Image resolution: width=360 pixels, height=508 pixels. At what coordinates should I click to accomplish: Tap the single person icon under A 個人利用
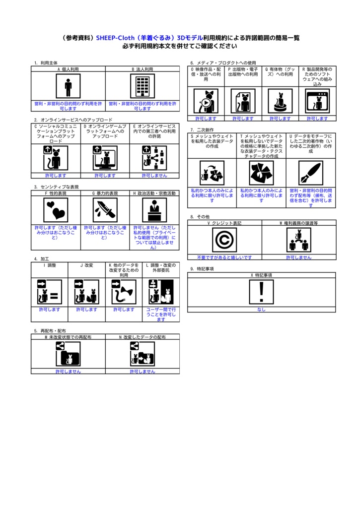[68, 86]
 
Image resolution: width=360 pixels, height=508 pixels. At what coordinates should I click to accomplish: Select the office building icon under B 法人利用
[143, 86]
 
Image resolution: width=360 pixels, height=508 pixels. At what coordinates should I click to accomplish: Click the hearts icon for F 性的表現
[56, 210]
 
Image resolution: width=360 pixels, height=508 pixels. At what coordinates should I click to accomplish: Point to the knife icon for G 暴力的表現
[105, 210]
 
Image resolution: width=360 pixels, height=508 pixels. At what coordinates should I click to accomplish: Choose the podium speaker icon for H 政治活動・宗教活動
[154, 210]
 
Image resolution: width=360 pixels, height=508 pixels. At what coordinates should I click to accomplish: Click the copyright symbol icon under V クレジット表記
[224, 240]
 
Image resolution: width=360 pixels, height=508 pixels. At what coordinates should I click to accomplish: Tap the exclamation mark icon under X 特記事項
[261, 292]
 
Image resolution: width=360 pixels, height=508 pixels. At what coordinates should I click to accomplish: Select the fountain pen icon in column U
[311, 173]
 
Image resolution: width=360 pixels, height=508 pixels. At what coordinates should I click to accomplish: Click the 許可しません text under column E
[154, 176]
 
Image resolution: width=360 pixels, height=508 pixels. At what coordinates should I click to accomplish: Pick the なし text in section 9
[261, 310]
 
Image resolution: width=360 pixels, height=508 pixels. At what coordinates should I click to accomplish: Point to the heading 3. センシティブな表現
[57, 187]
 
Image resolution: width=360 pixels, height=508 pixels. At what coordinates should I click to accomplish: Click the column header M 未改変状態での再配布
[68, 337]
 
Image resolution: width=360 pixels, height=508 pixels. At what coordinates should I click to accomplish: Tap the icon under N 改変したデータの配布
[143, 354]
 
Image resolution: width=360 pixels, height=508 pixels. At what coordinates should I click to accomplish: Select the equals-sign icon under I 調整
[50, 292]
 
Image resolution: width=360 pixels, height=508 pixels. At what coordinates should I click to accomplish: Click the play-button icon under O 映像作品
[206, 101]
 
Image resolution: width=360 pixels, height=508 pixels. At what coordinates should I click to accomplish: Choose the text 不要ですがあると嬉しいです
[224, 257]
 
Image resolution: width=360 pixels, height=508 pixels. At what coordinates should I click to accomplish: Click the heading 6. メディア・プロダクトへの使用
[223, 63]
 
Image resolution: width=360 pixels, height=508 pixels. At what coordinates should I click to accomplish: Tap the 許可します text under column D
[105, 176]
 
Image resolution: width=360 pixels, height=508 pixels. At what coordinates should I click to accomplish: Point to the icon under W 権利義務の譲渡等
[299, 240]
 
